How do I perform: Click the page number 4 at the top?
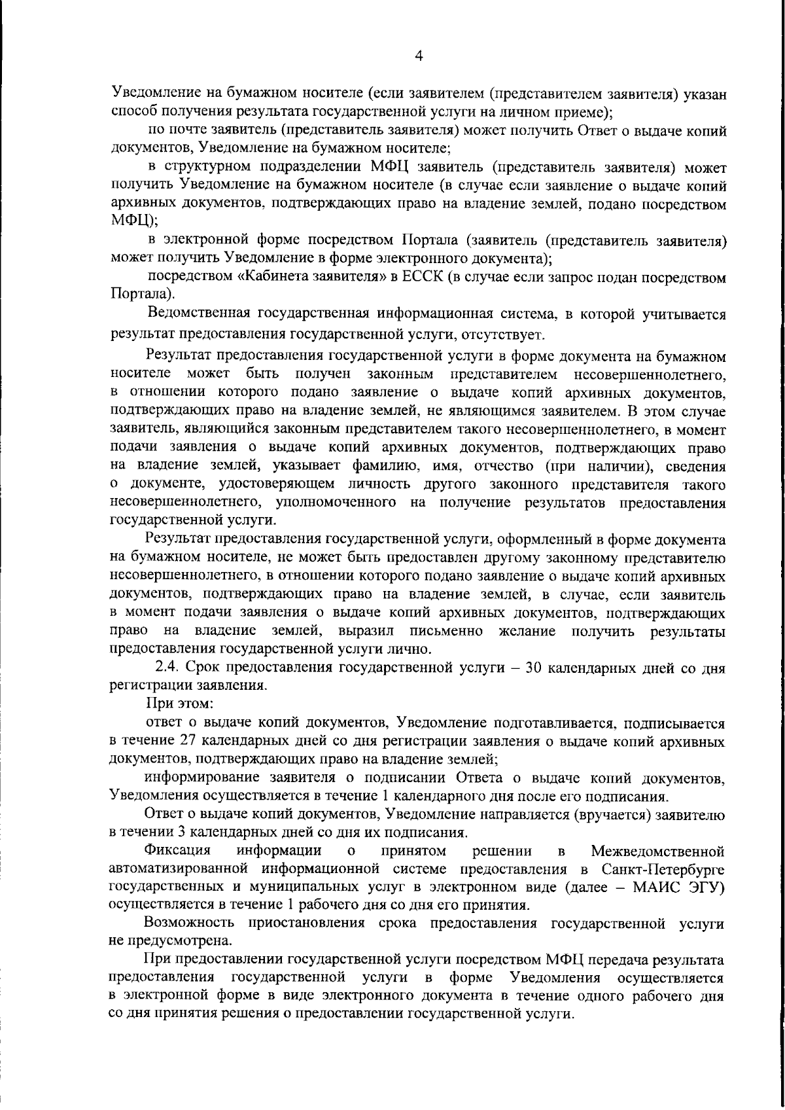click(x=419, y=57)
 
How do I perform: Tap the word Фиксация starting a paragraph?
click(x=177, y=850)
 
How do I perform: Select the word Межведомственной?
click(x=657, y=851)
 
